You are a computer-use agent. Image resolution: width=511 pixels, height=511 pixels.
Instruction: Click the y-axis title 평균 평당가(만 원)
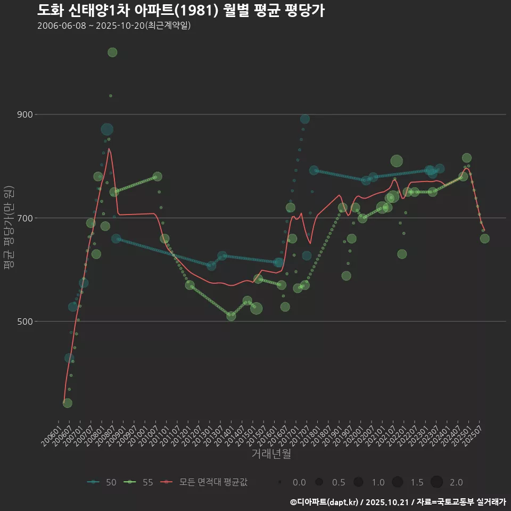(x=9, y=229)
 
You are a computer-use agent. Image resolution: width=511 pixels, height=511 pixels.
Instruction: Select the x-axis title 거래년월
(x=271, y=454)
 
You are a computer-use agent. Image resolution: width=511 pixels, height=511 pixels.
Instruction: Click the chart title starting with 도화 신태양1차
(x=181, y=11)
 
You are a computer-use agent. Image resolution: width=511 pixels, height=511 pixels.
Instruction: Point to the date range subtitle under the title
(x=114, y=26)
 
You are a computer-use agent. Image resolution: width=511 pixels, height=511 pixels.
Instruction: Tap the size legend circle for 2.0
(x=436, y=482)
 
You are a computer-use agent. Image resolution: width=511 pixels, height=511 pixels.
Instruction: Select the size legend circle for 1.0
(x=358, y=482)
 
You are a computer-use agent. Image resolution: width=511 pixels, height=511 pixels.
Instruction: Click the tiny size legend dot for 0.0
(x=279, y=482)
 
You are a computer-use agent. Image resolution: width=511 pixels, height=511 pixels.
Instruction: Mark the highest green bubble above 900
(x=112, y=52)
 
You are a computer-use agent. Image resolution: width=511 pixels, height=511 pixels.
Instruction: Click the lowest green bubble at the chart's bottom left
(x=67, y=403)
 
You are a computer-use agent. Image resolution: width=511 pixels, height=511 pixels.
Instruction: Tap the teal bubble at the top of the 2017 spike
(x=305, y=119)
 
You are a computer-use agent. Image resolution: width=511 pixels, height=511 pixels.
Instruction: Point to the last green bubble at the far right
(x=484, y=238)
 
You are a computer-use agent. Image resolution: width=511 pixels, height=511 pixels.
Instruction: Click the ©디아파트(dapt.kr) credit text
(x=325, y=502)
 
